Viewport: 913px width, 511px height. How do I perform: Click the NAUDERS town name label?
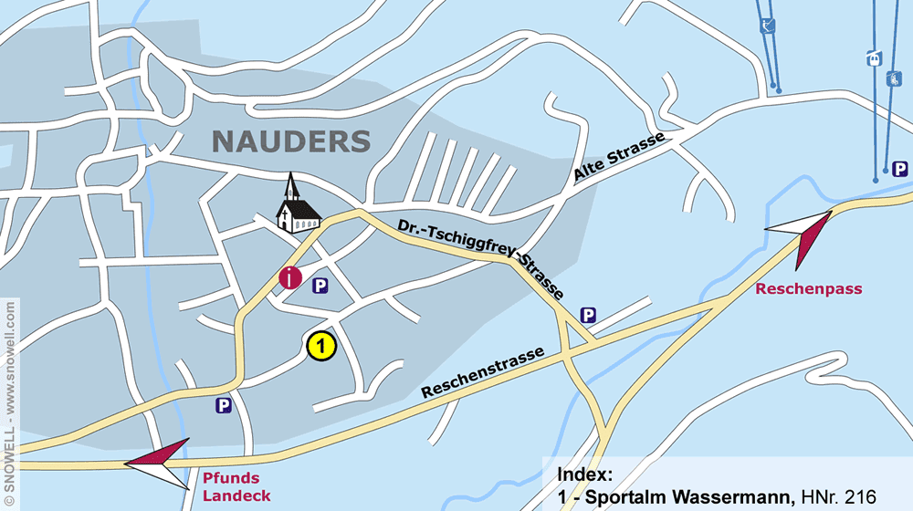point(291,141)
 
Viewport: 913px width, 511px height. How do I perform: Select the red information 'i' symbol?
point(290,277)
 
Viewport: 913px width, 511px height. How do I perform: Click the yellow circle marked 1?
point(321,346)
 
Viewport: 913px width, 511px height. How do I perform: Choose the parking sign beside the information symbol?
point(320,286)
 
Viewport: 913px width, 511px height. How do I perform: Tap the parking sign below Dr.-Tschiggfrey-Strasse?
point(589,316)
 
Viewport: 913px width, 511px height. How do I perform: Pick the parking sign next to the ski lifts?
point(900,169)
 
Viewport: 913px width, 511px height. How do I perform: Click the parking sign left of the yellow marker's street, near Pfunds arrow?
point(223,405)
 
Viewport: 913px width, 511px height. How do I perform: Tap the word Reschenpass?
point(809,289)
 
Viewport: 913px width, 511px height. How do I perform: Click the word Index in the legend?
point(584,474)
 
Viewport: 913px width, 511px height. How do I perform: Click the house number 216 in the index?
point(862,497)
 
